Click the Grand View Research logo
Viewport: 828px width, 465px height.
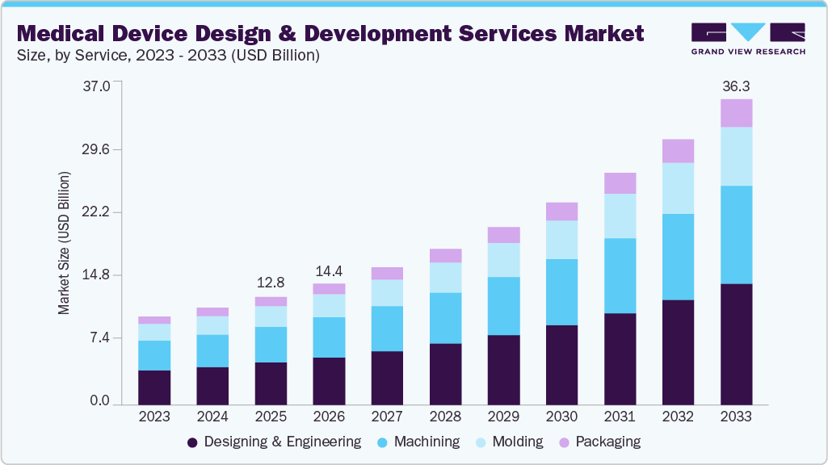point(748,38)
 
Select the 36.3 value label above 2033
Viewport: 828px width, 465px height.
point(736,86)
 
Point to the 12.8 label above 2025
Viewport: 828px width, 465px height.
point(271,283)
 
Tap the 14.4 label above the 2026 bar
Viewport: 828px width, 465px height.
point(329,270)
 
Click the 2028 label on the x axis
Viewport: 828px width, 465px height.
point(445,417)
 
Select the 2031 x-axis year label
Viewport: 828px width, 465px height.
point(620,417)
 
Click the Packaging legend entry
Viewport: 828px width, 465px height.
point(606,442)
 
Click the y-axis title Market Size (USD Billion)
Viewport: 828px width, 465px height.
point(64,243)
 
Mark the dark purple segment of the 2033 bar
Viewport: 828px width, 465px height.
point(736,343)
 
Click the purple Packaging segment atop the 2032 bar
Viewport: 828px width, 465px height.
point(678,151)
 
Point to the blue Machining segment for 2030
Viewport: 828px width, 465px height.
point(561,292)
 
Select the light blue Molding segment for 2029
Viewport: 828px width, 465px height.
point(503,260)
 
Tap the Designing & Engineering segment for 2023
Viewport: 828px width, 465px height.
point(154,387)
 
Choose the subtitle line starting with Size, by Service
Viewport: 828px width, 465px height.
point(169,56)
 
